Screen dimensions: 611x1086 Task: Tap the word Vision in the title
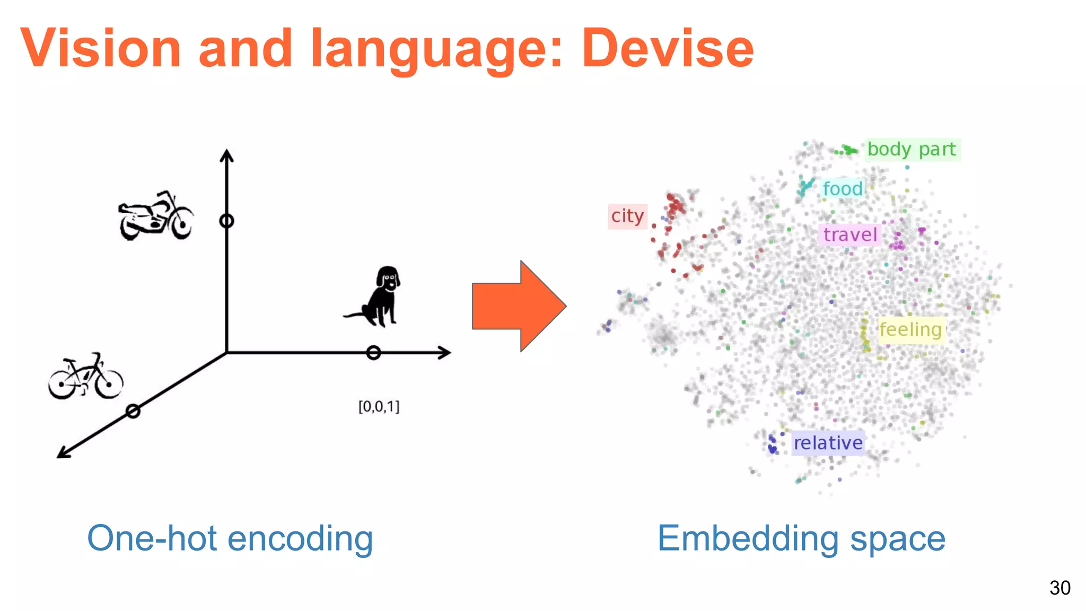101,49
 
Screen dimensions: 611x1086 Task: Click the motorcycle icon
155,216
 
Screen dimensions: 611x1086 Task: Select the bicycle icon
85,377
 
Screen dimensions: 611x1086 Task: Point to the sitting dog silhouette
378,296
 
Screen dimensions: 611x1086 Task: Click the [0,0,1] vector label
379,407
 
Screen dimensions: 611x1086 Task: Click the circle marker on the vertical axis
227,221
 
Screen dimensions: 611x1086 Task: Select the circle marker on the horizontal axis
373,353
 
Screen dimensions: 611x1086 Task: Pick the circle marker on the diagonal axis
133,411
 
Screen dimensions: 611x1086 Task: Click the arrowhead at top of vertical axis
227,155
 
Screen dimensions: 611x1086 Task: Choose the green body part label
912,150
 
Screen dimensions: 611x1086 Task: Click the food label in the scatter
842,189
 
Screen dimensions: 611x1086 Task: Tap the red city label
627,216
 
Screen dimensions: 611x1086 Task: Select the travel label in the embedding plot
850,235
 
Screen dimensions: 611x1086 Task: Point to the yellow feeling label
910,330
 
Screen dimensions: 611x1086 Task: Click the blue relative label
828,443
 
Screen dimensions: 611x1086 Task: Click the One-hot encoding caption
230,538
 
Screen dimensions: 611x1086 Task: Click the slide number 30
1059,588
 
